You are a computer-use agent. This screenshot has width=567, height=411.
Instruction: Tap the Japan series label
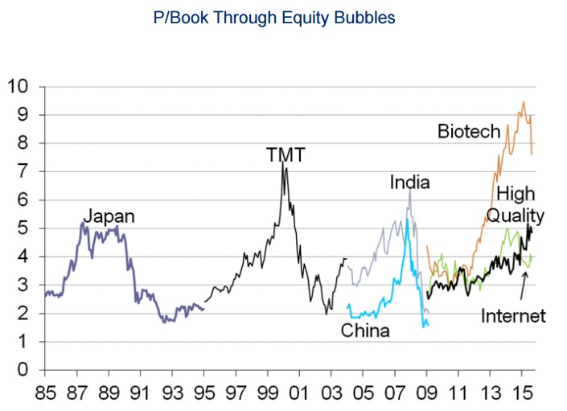click(x=109, y=216)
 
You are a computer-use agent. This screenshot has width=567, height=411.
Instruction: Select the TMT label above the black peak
click(x=286, y=155)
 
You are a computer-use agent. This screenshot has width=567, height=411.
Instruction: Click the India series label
click(x=410, y=183)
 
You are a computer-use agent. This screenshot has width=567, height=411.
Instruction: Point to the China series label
click(x=366, y=331)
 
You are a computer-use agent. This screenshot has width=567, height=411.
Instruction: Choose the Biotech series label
click(x=469, y=130)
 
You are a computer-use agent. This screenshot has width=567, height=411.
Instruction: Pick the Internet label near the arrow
click(x=513, y=315)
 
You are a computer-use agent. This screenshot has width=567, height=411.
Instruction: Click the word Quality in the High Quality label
click(x=516, y=216)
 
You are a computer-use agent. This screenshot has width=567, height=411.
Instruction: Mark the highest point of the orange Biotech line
click(x=524, y=102)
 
